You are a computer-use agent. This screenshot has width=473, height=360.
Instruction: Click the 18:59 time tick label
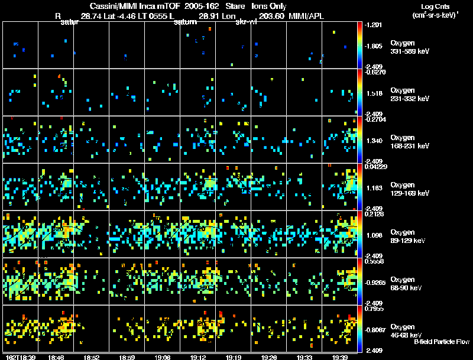(x=127, y=357)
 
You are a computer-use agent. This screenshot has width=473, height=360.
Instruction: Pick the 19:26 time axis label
(x=268, y=357)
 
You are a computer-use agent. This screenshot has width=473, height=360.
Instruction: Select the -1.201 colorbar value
(x=374, y=25)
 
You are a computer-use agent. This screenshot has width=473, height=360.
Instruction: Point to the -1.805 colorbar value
(x=374, y=46)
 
